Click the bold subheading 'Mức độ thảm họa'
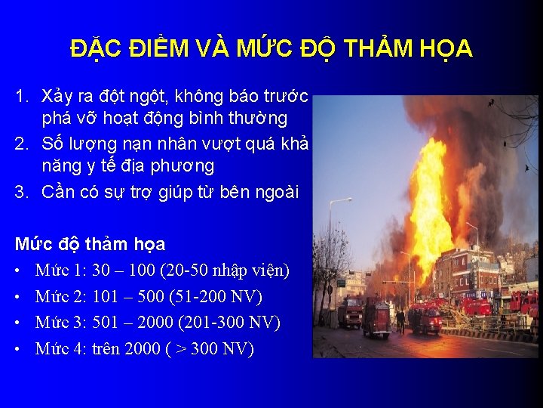(x=90, y=244)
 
